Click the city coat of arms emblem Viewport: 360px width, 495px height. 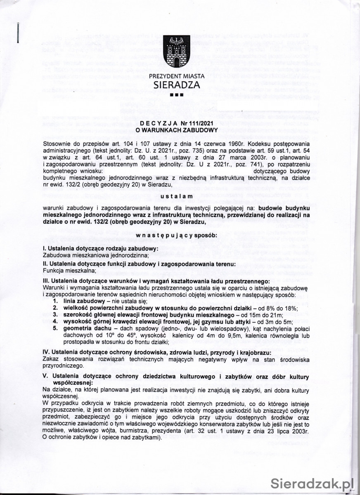point(176,52)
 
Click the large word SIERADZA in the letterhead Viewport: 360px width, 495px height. point(177,85)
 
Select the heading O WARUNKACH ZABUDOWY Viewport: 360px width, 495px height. point(177,130)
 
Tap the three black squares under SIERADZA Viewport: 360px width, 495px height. point(176,95)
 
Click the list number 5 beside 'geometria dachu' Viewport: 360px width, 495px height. point(54,328)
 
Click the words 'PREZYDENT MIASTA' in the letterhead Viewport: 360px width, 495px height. point(177,76)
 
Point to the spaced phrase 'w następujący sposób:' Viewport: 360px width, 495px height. point(176,235)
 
